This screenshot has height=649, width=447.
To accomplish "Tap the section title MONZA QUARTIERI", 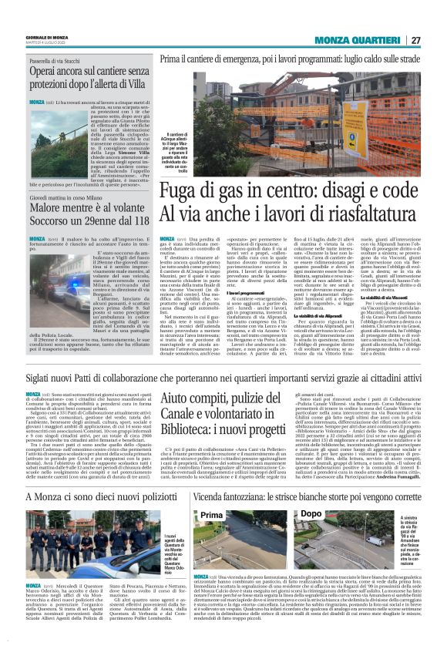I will click(365, 41).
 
